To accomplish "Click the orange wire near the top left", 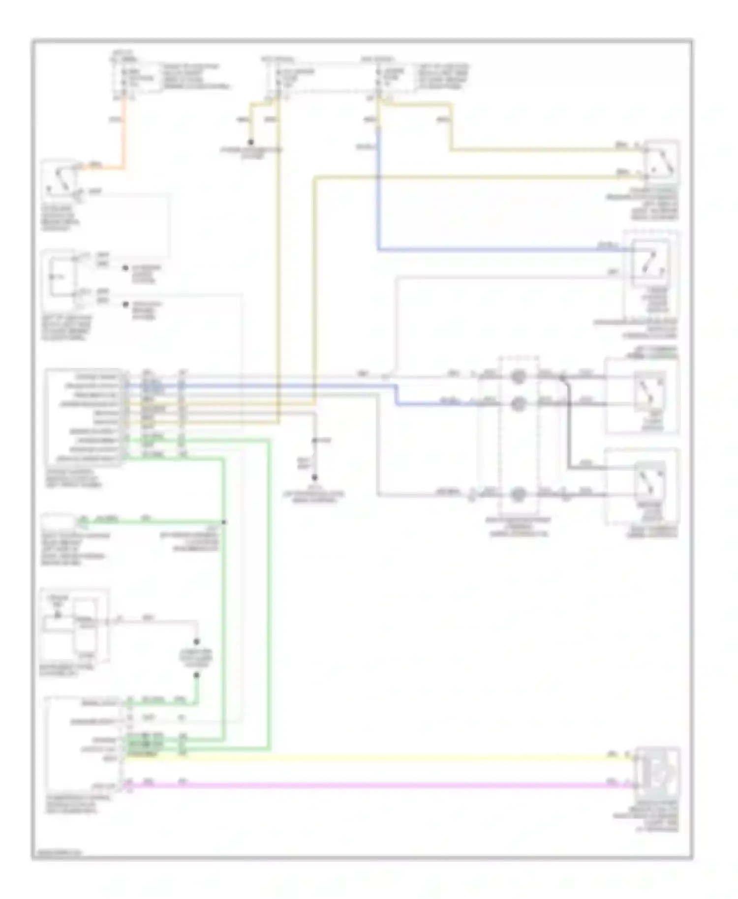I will click(123, 133).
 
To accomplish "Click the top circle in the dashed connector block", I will click(518, 377).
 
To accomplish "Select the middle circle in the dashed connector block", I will click(518, 404).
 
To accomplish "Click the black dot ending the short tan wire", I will click(251, 142).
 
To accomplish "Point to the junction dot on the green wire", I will click(224, 522).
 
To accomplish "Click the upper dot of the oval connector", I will click(196, 642).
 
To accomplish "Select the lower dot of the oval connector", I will click(196, 675).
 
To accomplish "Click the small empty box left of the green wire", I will click(58, 520).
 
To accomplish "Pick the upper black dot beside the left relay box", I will click(125, 269).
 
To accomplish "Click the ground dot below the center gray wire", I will click(314, 478).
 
